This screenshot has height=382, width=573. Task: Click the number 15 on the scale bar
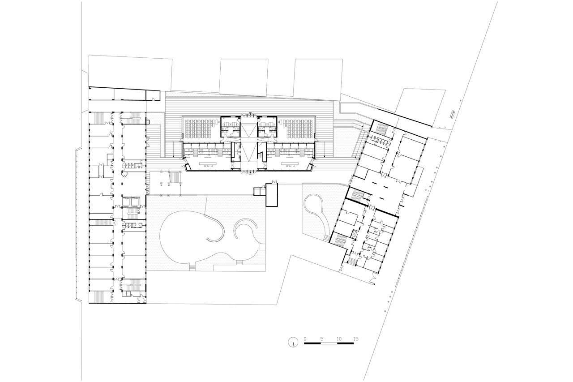[355, 339]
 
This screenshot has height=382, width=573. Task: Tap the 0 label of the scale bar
[305, 339]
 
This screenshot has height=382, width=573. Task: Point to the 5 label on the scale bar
[322, 339]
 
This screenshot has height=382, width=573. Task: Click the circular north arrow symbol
[293, 342]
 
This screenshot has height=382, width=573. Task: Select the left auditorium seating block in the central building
[199, 129]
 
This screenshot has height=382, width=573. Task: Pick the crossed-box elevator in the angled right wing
[355, 234]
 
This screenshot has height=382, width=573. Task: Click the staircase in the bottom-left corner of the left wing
[99, 297]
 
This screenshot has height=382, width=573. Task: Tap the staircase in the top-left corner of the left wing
[99, 118]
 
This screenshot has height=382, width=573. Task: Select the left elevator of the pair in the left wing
[126, 202]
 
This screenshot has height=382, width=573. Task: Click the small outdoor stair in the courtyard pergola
[175, 178]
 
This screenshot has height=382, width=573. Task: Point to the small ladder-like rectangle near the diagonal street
[452, 114]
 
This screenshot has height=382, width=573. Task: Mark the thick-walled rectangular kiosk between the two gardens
[272, 195]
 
